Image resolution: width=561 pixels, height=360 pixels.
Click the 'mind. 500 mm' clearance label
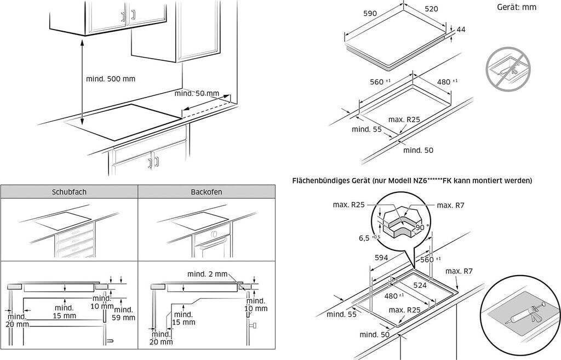(x=110, y=78)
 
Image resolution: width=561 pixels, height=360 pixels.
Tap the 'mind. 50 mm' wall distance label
(x=196, y=94)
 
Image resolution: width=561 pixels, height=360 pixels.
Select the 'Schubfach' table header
(x=69, y=192)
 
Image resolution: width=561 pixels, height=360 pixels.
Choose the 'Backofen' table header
(x=207, y=192)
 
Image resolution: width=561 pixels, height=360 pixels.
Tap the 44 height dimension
(x=460, y=30)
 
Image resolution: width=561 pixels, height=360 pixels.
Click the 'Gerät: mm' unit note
(x=517, y=7)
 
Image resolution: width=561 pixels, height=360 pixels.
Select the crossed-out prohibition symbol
(x=508, y=68)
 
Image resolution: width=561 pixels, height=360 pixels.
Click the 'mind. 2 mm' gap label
(x=207, y=274)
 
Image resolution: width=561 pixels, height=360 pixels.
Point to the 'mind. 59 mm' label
(x=123, y=313)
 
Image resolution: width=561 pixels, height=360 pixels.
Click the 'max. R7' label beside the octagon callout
(x=451, y=205)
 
